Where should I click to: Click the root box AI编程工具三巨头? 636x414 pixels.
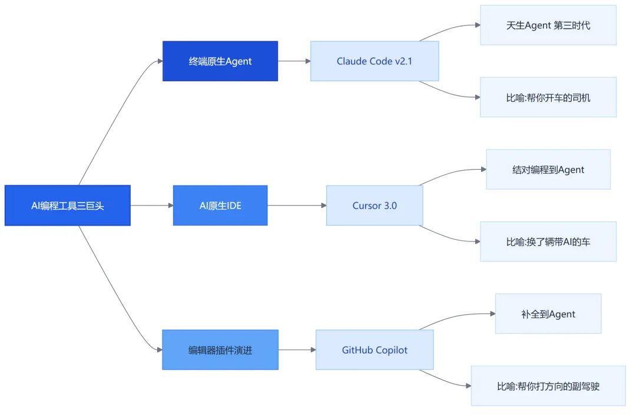tap(67, 206)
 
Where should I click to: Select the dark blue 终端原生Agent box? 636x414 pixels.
tap(220, 61)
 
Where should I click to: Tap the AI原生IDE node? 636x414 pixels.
tap(220, 206)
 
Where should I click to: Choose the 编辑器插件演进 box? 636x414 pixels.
tap(220, 350)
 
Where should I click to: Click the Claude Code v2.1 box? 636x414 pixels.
tap(375, 61)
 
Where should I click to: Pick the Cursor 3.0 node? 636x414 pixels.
tap(375, 206)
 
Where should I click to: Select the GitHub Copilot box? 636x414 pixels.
tap(375, 350)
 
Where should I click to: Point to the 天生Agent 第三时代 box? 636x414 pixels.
tap(548, 25)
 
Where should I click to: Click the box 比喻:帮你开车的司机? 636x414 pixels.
tap(548, 97)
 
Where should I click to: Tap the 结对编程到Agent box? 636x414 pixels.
tap(548, 170)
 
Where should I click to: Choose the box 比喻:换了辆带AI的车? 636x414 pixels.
tap(548, 241)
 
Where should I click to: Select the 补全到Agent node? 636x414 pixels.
tap(548, 314)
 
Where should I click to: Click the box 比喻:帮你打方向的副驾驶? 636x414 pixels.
tap(548, 386)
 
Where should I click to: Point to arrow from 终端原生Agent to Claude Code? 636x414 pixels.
tap(294, 61)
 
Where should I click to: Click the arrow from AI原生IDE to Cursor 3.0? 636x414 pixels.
tap(297, 206)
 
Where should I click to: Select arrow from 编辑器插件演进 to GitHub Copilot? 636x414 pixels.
tap(297, 350)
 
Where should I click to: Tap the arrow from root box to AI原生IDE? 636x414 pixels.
tap(152, 206)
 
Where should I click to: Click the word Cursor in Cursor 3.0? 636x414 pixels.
tap(367, 206)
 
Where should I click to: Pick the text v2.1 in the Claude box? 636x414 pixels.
tap(403, 61)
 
